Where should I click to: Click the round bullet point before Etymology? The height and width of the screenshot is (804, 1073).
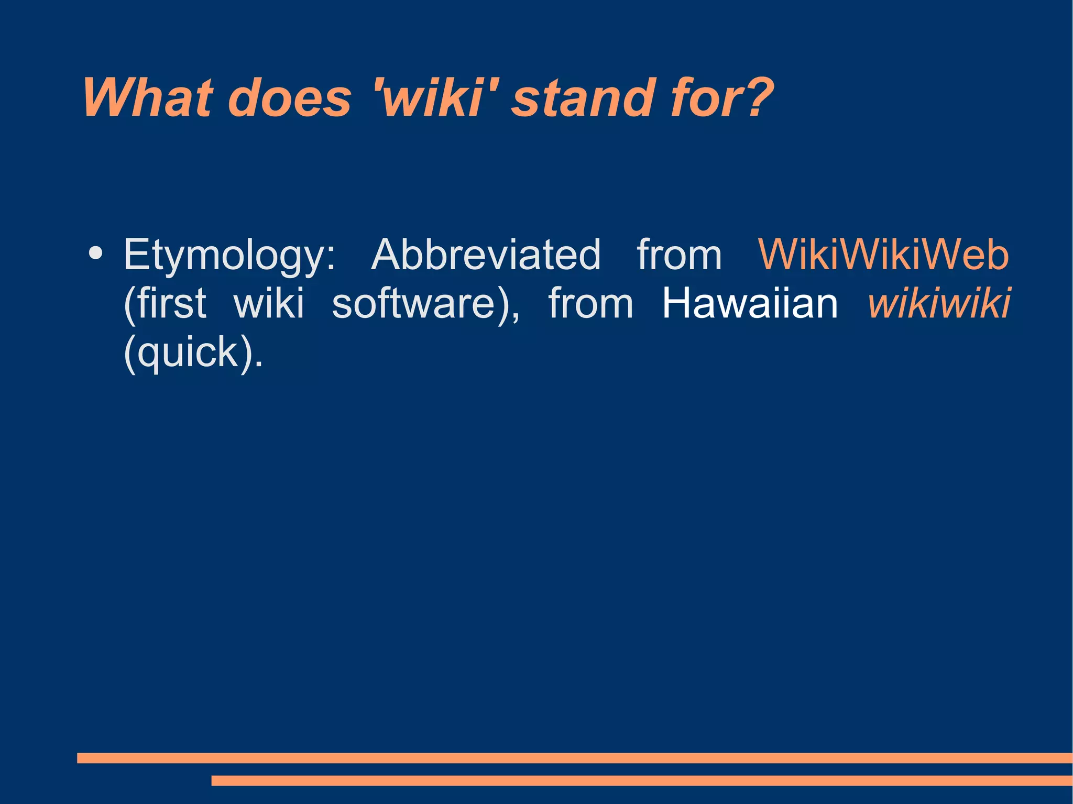(95, 252)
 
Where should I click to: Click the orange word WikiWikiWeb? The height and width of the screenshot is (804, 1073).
(883, 255)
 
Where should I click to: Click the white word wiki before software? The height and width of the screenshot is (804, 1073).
(268, 303)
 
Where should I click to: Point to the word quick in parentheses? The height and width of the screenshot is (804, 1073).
(189, 353)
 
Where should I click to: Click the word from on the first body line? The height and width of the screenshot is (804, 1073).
(679, 255)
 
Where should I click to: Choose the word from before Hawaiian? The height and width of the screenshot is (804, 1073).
(590, 303)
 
